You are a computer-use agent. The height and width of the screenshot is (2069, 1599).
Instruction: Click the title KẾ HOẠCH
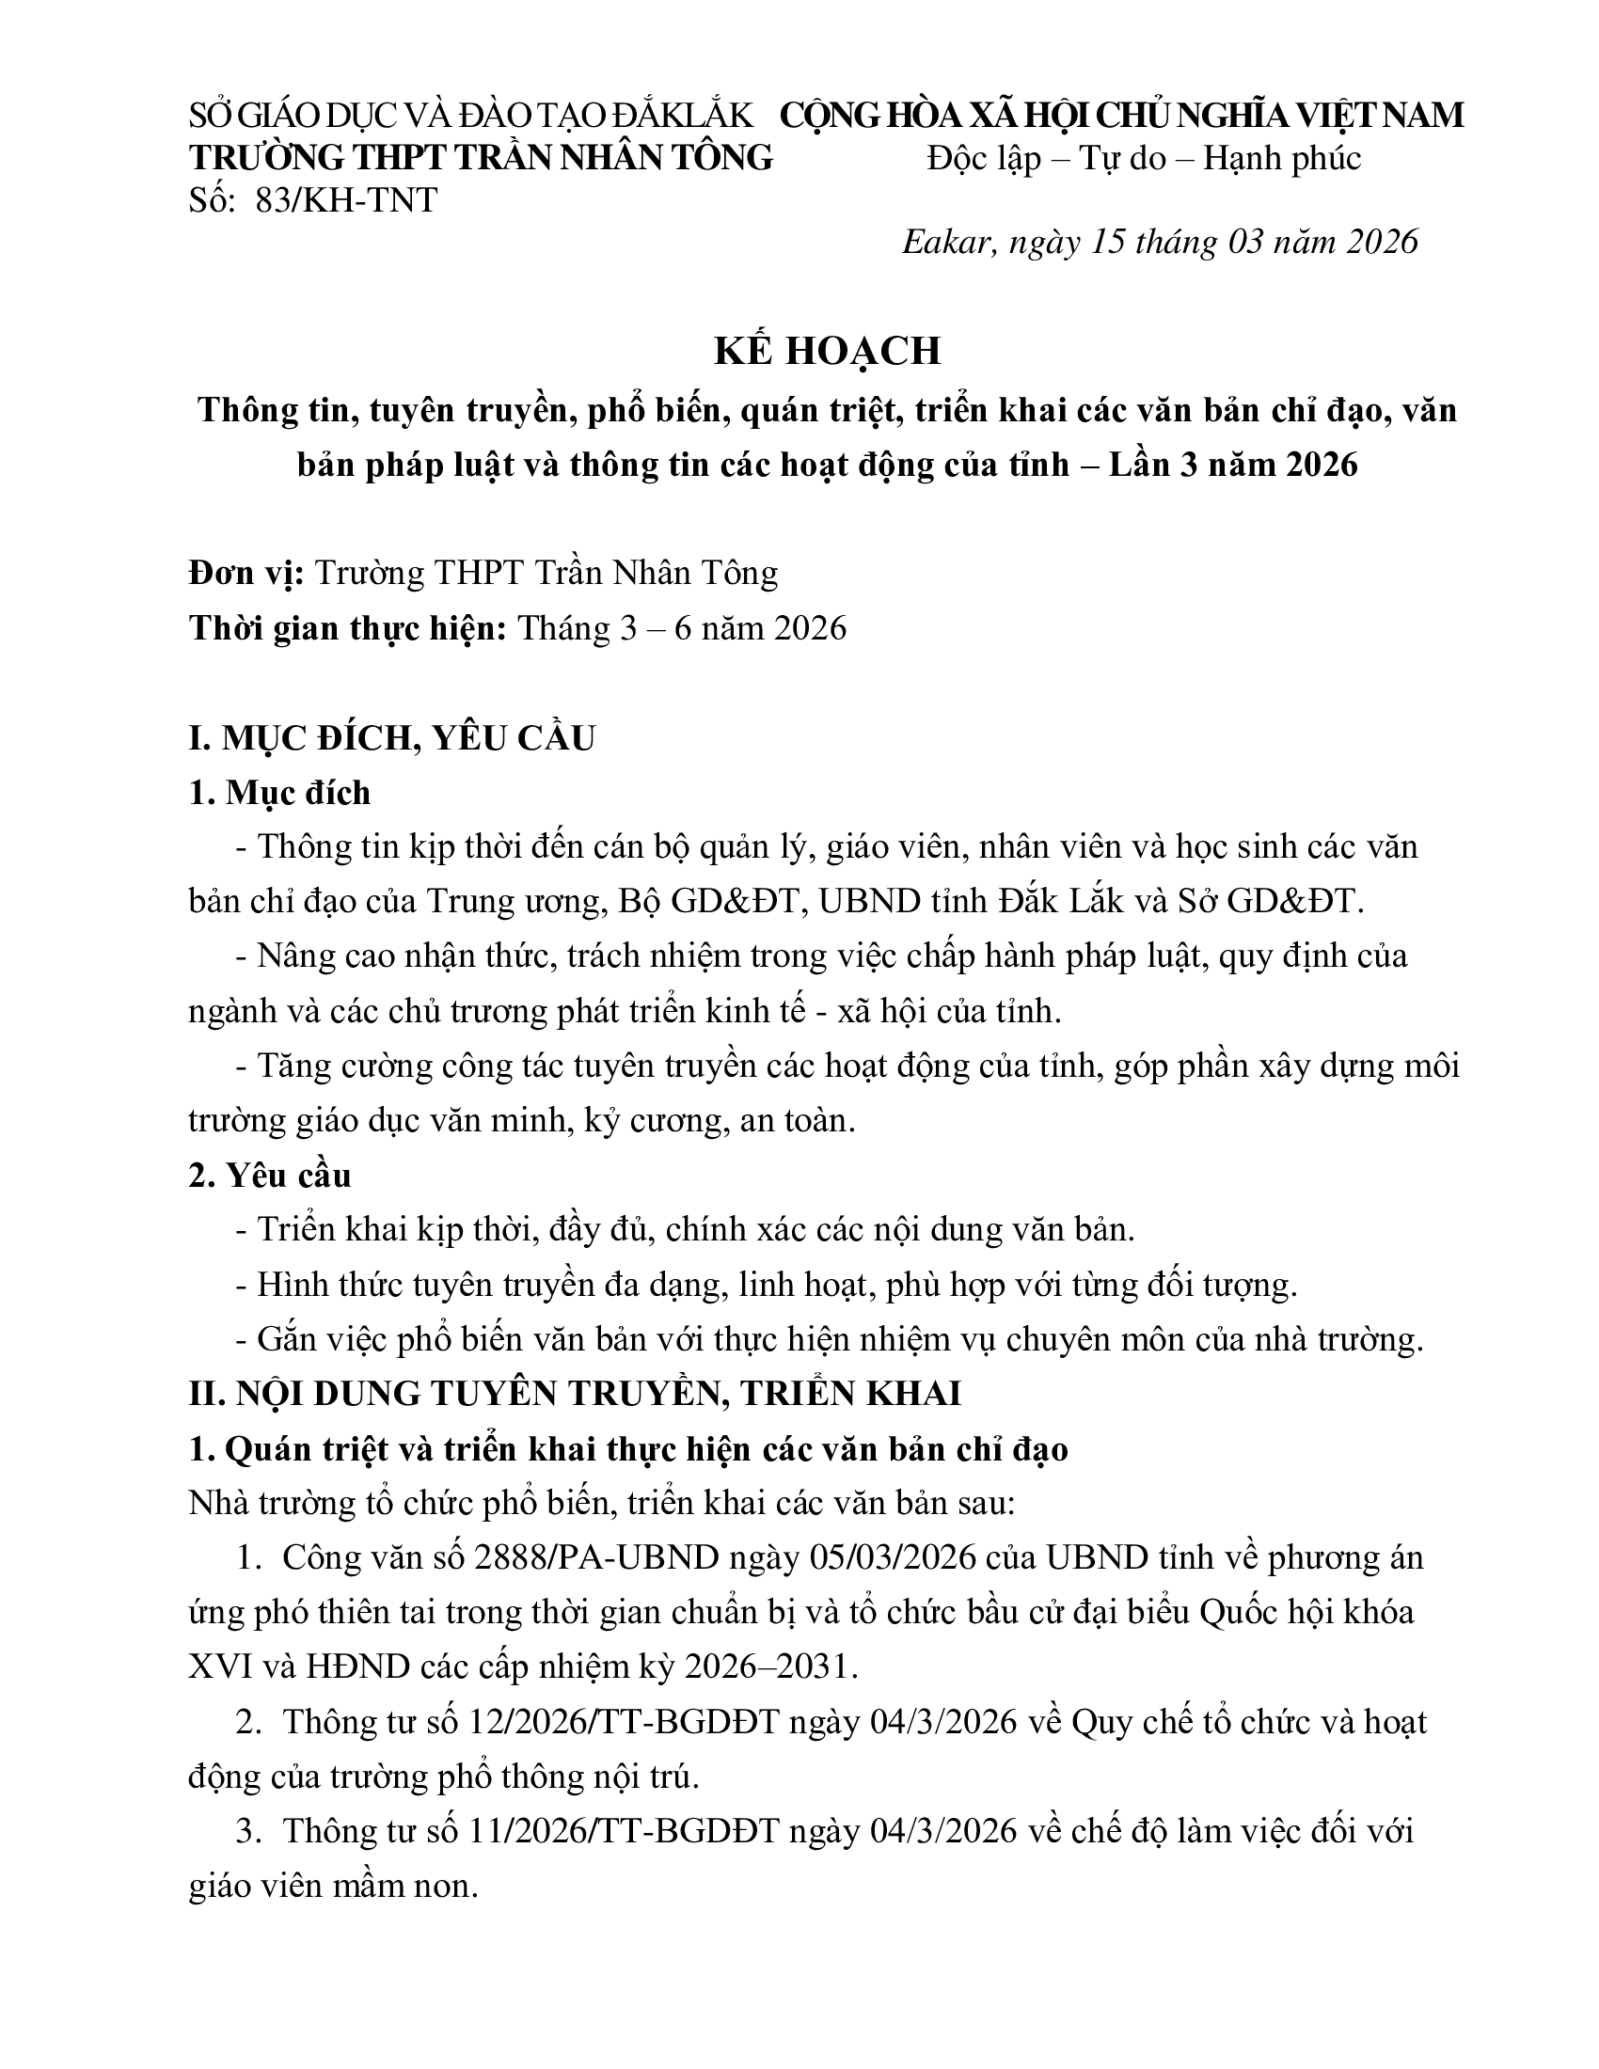[x=827, y=351]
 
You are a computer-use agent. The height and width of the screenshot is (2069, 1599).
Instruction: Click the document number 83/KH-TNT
[x=346, y=200]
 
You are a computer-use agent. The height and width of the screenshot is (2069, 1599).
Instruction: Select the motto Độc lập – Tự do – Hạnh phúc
[x=1144, y=158]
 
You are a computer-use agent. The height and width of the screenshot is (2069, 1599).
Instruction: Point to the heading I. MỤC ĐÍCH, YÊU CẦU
[x=391, y=738]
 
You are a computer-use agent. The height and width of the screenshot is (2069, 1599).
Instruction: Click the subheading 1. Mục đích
[x=279, y=792]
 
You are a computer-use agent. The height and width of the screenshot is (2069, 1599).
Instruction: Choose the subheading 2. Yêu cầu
[x=269, y=1175]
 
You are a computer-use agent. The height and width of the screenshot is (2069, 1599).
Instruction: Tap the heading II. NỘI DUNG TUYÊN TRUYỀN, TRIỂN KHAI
[x=574, y=1394]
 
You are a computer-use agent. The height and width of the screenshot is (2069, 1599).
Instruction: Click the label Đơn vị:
[x=245, y=573]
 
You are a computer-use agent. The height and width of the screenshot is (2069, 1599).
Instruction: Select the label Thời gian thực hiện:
[x=348, y=628]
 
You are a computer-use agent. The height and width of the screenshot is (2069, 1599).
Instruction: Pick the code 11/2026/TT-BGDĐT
[x=624, y=1830]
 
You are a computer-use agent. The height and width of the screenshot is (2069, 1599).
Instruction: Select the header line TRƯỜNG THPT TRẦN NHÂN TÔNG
[x=481, y=158]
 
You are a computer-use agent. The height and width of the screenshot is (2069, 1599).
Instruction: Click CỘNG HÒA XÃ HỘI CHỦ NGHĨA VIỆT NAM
[x=1121, y=116]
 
